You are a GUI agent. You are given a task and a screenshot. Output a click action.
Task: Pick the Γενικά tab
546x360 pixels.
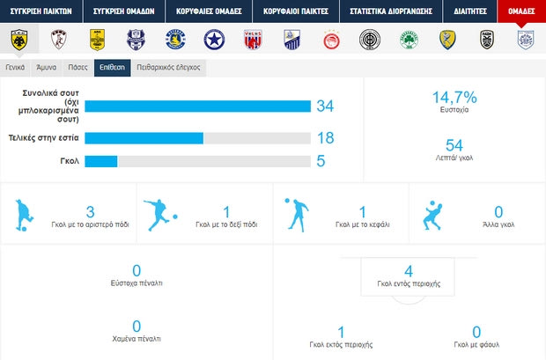(14, 66)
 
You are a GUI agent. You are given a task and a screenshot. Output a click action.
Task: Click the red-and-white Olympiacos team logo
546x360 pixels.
(333, 39)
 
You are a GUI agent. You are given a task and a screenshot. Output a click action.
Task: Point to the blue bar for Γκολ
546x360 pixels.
(100, 160)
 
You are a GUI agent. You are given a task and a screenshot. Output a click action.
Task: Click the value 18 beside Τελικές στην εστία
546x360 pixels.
(325, 138)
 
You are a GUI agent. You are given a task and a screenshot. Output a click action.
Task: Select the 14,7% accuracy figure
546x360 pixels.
(454, 98)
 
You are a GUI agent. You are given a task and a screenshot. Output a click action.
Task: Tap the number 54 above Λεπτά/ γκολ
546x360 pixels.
(454, 144)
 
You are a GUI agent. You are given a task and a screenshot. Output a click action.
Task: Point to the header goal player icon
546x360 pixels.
(295, 215)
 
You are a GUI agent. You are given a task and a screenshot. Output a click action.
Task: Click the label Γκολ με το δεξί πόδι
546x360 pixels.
(227, 225)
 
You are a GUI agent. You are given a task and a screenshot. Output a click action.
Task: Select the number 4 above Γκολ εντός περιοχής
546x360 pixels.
(409, 270)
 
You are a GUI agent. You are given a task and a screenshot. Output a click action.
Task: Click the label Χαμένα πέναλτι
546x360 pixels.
(136, 338)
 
